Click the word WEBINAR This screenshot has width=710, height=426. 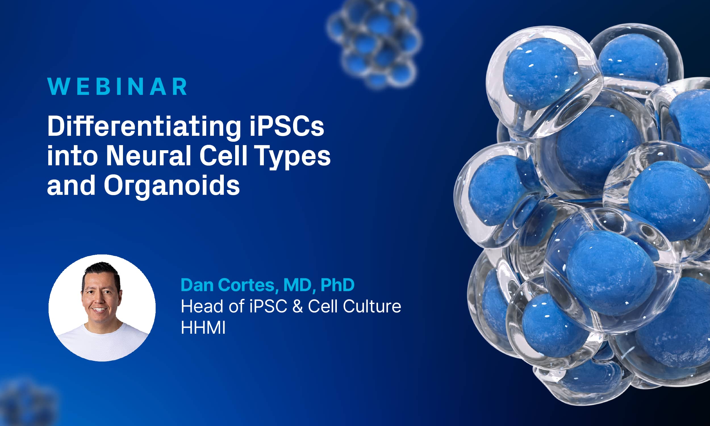coord(117,86)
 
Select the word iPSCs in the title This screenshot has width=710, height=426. coord(287,126)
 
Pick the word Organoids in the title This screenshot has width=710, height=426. coord(172,186)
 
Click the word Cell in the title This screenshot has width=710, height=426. coord(223,156)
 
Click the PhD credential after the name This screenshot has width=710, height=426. coord(337,285)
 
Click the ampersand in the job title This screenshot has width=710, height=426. coord(297,306)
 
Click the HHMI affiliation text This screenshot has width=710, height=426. coord(203,327)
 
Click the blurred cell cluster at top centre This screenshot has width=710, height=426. coord(375,43)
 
